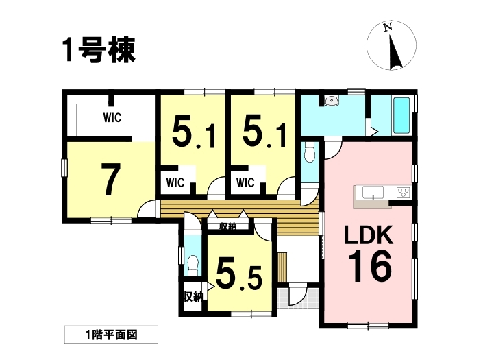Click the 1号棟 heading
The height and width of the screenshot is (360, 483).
pyautogui.click(x=99, y=50)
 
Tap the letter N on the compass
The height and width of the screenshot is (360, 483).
pyautogui.click(x=388, y=27)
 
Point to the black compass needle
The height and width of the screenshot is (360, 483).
pyautogui.click(x=395, y=52)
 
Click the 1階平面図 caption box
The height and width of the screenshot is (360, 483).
pyautogui.click(x=111, y=335)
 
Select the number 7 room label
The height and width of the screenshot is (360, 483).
pyautogui.click(x=111, y=179)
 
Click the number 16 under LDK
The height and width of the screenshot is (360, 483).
pyautogui.click(x=370, y=266)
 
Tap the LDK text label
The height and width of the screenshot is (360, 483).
pyautogui.click(x=369, y=235)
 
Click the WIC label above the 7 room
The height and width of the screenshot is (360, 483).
pyautogui.click(x=112, y=117)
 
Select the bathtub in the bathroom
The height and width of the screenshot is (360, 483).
pyautogui.click(x=401, y=116)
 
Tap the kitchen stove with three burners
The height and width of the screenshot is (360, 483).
pyautogui.click(x=404, y=192)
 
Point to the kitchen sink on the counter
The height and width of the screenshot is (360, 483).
pyautogui.click(x=373, y=193)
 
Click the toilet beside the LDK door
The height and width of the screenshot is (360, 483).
pyautogui.click(x=308, y=152)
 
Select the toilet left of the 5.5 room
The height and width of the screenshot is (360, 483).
pyautogui.click(x=193, y=265)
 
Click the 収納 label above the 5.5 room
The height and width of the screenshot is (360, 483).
pyautogui.click(x=227, y=226)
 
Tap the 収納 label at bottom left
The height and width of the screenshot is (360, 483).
pyautogui.click(x=193, y=297)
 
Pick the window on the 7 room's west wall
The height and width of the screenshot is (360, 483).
pyautogui.click(x=64, y=168)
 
